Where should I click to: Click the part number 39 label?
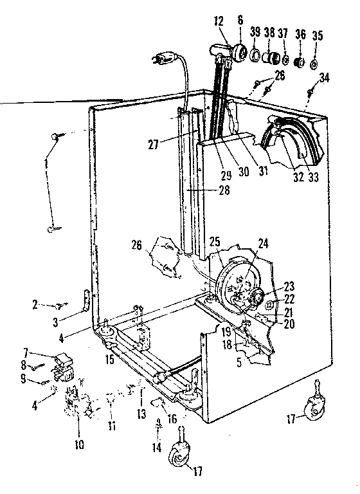pyautogui.click(x=255, y=32)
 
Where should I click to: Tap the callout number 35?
pyautogui.click(x=317, y=35)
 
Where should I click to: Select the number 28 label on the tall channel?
pyautogui.click(x=224, y=190)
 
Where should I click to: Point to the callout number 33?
pyautogui.click(x=313, y=178)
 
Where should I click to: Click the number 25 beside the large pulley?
pyautogui.click(x=215, y=243)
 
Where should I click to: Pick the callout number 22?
pyautogui.click(x=289, y=299)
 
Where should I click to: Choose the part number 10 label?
pyautogui.click(x=79, y=444)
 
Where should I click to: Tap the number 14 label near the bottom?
pyautogui.click(x=157, y=447)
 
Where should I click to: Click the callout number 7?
pyautogui.click(x=26, y=351)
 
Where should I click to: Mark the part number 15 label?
pyautogui.click(x=109, y=360)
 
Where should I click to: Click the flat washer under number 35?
pyautogui.click(x=314, y=65)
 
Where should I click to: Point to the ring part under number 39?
pyautogui.click(x=255, y=55)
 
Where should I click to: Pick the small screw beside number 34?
pyautogui.click(x=310, y=92)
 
